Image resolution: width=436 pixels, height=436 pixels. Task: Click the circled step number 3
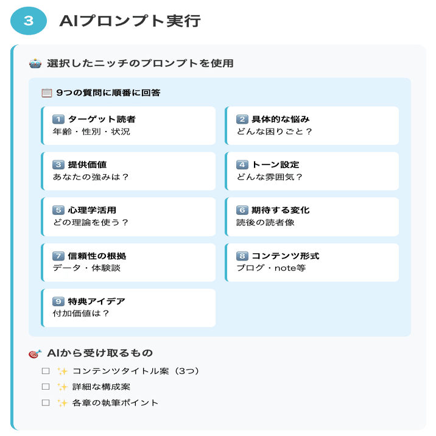(29, 21)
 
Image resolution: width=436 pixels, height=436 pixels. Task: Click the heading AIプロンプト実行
(130, 21)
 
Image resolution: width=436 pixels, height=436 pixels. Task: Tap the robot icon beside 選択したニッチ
(35, 63)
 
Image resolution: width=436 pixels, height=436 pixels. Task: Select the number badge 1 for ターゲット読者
(58, 119)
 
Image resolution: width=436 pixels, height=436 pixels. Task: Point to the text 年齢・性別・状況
(91, 132)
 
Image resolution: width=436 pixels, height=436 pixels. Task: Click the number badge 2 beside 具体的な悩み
(242, 119)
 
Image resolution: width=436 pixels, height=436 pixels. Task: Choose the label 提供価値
(88, 164)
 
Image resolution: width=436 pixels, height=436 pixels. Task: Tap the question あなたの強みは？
(91, 177)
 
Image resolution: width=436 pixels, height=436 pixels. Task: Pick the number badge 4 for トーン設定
(242, 164)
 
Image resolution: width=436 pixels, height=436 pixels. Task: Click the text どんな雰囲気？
(269, 177)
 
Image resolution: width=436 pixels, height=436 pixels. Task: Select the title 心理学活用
(92, 210)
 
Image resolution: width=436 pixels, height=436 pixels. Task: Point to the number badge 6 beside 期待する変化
(242, 210)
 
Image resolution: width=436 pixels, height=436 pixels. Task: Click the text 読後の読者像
(265, 223)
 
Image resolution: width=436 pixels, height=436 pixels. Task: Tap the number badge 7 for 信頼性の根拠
(58, 256)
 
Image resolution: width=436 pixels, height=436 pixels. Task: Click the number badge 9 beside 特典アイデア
(58, 301)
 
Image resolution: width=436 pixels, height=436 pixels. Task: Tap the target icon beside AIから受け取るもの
(35, 354)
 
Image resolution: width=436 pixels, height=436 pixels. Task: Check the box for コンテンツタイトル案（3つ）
(45, 371)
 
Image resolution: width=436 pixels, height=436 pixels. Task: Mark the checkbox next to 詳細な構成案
(45, 387)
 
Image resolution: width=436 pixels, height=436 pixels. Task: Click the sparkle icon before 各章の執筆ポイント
(62, 403)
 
